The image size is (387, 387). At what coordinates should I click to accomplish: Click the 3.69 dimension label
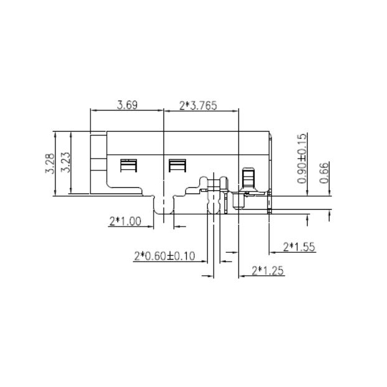coord(127,105)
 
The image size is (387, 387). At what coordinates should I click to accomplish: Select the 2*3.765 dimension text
coord(198,105)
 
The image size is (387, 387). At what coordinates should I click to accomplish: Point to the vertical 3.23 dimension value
coord(64,164)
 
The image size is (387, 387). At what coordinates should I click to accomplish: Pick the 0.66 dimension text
coord(323,172)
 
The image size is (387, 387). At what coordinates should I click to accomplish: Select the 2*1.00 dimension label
coord(125,220)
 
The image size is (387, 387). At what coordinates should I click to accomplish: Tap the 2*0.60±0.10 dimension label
coord(165,256)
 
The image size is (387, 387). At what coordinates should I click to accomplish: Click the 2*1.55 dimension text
coord(299,247)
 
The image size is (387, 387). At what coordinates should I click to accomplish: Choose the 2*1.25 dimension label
coord(267,270)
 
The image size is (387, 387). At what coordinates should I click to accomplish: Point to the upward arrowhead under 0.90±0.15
coord(307,218)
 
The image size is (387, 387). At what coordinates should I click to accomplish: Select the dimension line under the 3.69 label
coord(127,112)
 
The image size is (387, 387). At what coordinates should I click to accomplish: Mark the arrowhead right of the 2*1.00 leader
coord(176,225)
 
